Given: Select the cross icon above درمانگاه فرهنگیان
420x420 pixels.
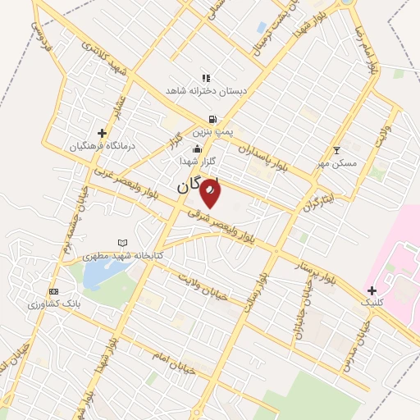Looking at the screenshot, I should pos(102,133).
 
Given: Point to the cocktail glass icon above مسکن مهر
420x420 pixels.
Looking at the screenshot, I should pos(336,151).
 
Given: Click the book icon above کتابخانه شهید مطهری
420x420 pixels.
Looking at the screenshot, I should pos(123,244).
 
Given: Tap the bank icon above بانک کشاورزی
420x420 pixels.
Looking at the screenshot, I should pos(54,292).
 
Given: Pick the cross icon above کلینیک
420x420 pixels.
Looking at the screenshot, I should pos(372,290).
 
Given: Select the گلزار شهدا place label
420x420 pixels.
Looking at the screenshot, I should pos(198,162).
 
